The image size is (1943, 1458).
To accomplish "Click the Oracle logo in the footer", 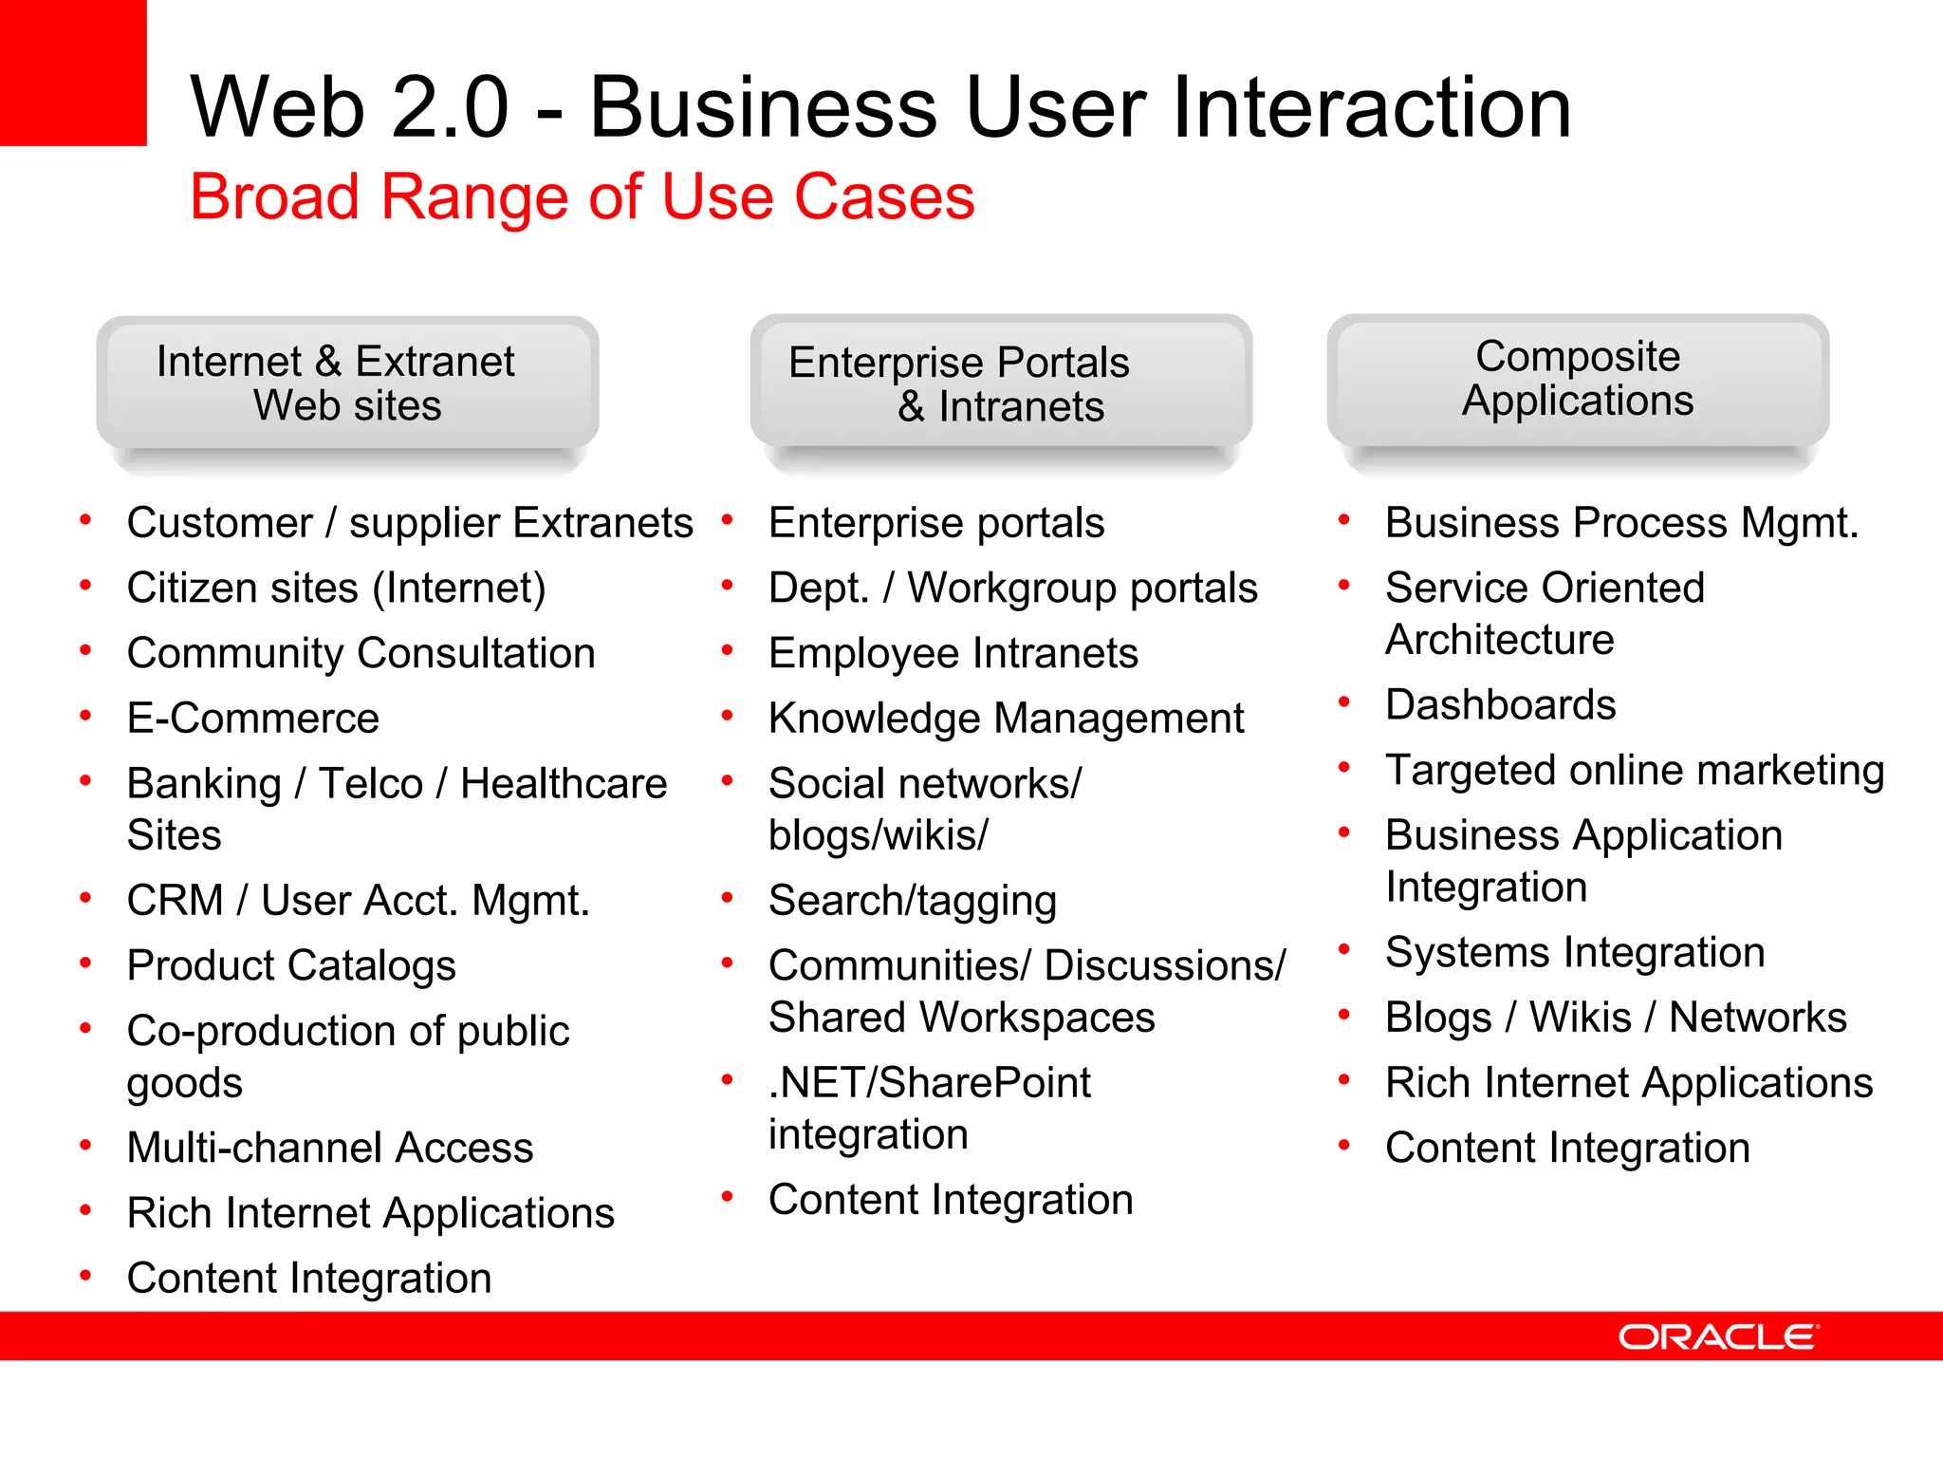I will click(1717, 1336).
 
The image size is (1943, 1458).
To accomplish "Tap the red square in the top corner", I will click(72, 72).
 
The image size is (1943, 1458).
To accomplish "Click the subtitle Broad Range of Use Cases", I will click(582, 196).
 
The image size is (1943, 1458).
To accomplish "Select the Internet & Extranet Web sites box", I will click(347, 383).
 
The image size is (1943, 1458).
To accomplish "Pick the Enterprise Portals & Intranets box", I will click(1001, 383).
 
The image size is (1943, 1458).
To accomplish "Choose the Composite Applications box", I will click(1578, 379).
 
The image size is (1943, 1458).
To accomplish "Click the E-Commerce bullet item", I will click(253, 719).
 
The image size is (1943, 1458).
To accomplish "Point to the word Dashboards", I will click(1500, 705).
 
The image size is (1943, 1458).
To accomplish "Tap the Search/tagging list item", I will click(912, 901).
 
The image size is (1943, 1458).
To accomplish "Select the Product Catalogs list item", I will click(291, 966).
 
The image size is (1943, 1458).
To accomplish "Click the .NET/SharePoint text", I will click(930, 1083).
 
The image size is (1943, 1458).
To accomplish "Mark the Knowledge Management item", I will click(1006, 719).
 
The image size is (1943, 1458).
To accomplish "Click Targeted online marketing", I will click(1634, 771).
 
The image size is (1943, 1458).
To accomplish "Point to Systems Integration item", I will click(1574, 952).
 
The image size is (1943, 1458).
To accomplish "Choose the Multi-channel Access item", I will click(330, 1148).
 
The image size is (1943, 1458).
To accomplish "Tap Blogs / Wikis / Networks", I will click(1615, 1018).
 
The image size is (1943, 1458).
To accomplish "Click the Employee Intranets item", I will click(953, 654).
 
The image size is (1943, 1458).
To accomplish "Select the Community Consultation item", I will click(361, 654).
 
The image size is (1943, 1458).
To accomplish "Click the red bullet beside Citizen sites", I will click(85, 586).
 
